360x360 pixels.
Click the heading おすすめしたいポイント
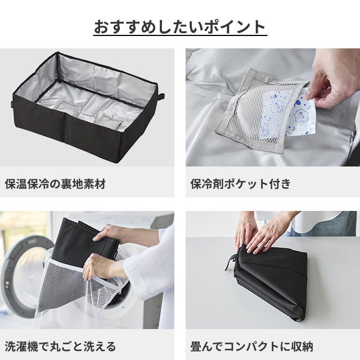(180, 27)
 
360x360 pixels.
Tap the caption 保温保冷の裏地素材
(55, 184)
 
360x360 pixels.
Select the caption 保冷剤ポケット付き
(240, 184)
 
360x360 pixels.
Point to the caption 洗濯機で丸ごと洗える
(60, 346)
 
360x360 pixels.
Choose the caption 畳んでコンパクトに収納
(251, 346)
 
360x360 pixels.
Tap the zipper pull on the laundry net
(120, 292)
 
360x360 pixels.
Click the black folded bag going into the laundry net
(85, 244)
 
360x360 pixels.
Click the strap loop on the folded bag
(231, 262)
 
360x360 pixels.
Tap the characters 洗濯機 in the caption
(21, 346)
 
